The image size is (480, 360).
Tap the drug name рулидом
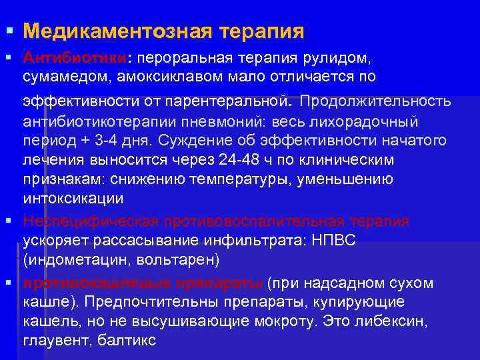[351, 58]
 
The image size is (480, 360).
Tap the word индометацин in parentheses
[73, 258]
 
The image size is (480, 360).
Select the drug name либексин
[390, 321]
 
